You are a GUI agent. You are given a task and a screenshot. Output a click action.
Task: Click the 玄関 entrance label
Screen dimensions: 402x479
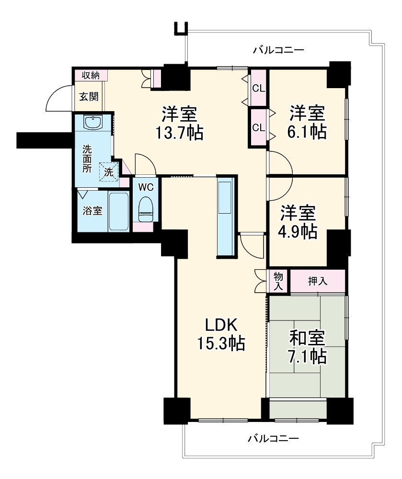coord(89,97)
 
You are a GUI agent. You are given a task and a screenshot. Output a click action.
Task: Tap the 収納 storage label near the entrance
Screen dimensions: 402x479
coord(91,75)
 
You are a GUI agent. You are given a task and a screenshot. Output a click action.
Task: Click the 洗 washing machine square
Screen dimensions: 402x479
coord(109,172)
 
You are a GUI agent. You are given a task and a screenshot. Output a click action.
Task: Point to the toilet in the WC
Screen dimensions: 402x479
coord(146,209)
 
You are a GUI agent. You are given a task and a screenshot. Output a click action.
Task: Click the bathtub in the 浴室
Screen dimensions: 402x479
coord(118,211)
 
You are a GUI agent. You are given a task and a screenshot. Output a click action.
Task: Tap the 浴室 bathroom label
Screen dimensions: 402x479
coord(92,210)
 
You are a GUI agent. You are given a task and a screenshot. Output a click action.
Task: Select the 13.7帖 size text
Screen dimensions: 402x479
coord(179,133)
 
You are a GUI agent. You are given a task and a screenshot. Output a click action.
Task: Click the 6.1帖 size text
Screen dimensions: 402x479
coord(307,132)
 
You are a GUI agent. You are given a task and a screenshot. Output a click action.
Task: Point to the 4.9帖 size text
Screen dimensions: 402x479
coord(297,232)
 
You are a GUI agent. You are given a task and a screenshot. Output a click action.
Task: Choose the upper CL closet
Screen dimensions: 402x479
coord(258,88)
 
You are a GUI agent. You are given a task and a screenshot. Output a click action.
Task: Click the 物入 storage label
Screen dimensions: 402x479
coord(278,281)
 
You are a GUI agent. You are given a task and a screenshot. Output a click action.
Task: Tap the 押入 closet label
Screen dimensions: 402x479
coord(318,281)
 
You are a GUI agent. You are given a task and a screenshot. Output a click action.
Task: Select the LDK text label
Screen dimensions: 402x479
coord(221,325)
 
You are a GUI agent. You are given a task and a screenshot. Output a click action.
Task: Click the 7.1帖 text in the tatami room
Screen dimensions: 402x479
coord(307,356)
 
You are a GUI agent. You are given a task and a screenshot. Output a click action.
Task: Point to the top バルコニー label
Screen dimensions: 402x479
coord(278,49)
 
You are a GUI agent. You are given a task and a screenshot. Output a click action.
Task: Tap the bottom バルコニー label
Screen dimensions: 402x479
coord(273,439)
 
